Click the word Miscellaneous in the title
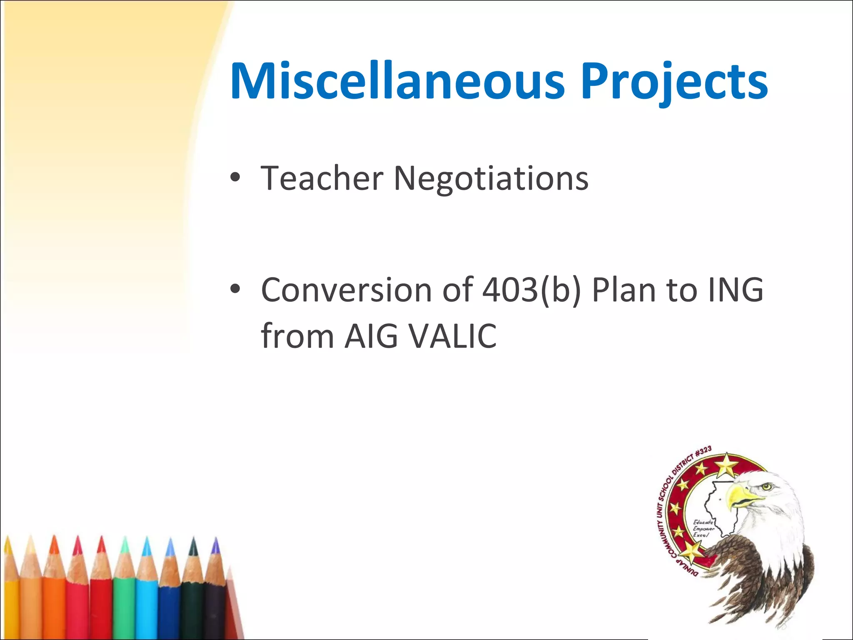tap(397, 81)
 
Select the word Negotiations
tap(491, 178)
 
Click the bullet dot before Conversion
tap(235, 289)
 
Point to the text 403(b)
tap(531, 290)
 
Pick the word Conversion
tap(346, 290)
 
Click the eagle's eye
tap(767, 486)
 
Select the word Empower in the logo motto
tap(703, 529)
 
